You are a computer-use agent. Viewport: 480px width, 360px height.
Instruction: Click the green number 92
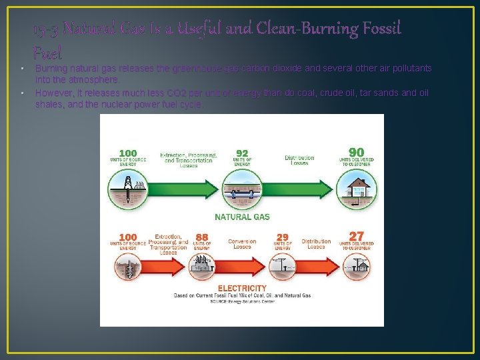pos(242,153)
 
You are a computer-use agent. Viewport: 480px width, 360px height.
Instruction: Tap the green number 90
pos(357,153)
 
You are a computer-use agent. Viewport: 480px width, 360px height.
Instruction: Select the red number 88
pos(202,237)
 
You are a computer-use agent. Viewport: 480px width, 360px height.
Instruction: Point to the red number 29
pos(283,237)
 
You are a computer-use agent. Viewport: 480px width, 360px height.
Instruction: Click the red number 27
pos(357,237)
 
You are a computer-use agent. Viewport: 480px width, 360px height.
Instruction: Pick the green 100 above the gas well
pos(128,153)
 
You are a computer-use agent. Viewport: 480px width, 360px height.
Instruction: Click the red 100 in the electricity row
pos(128,237)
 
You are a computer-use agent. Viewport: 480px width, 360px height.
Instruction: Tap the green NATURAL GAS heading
pos(242,217)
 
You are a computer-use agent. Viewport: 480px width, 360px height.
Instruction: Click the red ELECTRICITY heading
pos(242,289)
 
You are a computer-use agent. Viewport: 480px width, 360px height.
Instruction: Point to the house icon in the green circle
pos(357,189)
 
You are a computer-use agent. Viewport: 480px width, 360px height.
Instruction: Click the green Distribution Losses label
pos(299,161)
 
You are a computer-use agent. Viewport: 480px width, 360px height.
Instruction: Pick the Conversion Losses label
pos(242,244)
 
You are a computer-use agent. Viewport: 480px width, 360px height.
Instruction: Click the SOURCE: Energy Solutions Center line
pos(242,301)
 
